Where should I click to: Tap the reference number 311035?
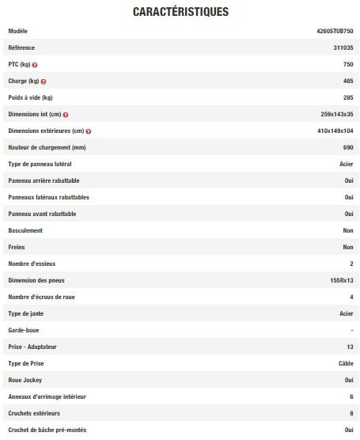(x=343, y=47)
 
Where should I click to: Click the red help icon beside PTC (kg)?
(x=35, y=64)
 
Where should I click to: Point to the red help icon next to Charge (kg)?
(x=43, y=81)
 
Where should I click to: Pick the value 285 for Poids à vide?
(x=347, y=97)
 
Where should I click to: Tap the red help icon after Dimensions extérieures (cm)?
(x=88, y=131)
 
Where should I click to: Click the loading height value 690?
(x=347, y=147)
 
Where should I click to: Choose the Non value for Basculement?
(x=347, y=230)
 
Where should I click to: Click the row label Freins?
(x=17, y=247)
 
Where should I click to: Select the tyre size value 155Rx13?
(x=342, y=280)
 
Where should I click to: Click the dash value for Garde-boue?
(x=351, y=330)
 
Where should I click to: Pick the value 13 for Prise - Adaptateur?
(x=350, y=347)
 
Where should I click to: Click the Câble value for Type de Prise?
(x=345, y=363)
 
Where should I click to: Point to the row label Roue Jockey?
(x=25, y=380)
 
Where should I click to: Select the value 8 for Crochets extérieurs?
(x=351, y=413)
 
